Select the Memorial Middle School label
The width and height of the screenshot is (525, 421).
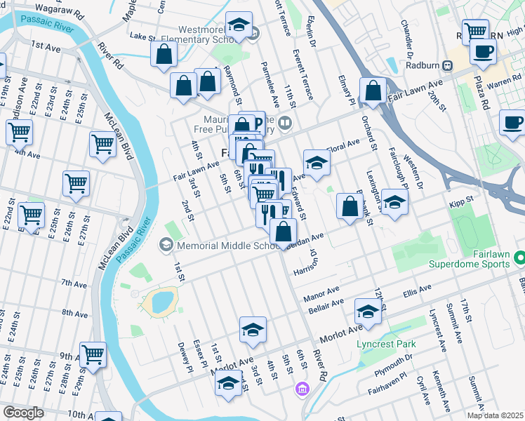coord(220,246)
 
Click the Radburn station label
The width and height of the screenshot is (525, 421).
coord(426,66)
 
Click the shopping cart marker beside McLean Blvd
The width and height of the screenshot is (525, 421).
coord(102,145)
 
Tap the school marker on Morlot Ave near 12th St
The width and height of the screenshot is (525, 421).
coord(368,311)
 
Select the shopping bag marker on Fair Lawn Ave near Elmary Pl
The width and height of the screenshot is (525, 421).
coord(373,90)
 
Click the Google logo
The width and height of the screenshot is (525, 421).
coord(23,413)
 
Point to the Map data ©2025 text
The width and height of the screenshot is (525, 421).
coord(494,415)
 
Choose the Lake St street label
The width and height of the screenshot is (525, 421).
coord(142,35)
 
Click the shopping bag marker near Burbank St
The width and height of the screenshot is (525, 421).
coord(349,206)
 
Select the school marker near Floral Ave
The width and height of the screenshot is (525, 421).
coord(317,163)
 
